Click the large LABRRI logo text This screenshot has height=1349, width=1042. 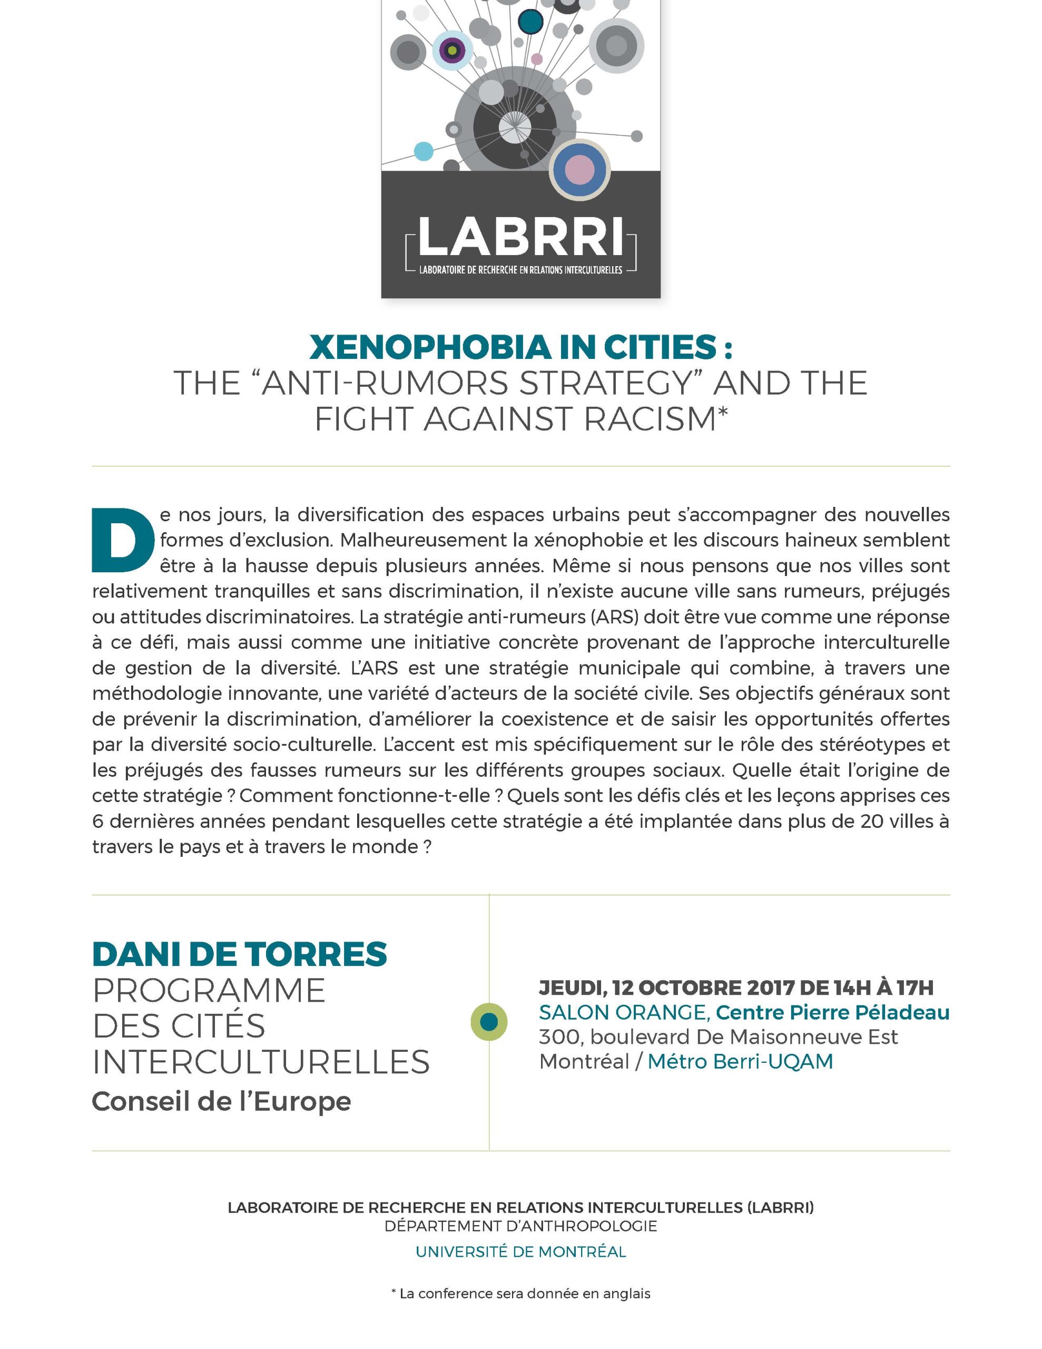[520, 237]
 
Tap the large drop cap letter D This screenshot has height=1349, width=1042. [122, 540]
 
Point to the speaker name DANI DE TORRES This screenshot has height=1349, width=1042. [240, 954]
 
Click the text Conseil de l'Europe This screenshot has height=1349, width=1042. [221, 1101]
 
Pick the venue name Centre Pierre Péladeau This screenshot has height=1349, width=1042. [833, 1012]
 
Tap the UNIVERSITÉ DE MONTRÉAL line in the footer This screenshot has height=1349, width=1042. [520, 1252]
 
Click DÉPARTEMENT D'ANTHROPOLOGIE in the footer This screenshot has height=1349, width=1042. [520, 1226]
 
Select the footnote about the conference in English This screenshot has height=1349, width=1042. [520, 1294]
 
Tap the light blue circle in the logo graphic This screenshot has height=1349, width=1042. [423, 151]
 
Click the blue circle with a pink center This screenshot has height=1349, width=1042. [579, 169]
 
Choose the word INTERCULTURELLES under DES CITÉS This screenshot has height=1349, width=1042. [261, 1062]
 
